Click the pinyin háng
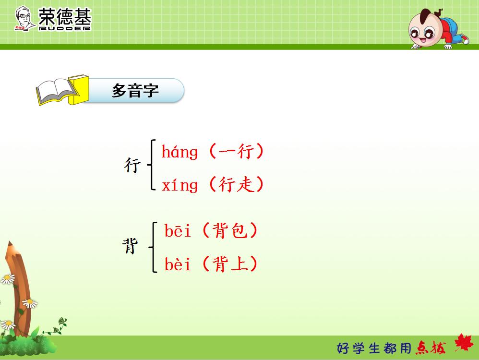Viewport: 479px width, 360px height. (x=180, y=153)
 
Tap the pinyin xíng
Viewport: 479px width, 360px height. (x=180, y=185)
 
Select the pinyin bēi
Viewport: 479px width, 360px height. (x=178, y=231)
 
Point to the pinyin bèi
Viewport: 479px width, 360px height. (x=178, y=264)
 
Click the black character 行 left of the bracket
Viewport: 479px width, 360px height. (x=132, y=166)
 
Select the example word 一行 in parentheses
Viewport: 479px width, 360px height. (x=236, y=152)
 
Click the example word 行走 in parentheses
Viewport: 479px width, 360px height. (x=236, y=185)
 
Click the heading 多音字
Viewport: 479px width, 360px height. (x=135, y=90)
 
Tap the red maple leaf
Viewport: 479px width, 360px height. (x=463, y=344)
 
